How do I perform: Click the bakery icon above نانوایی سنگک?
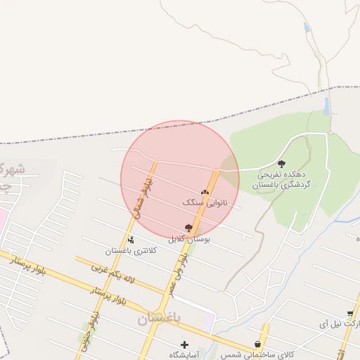coord(205,191)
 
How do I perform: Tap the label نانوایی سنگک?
coord(205,202)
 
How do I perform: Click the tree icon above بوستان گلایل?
coord(188,227)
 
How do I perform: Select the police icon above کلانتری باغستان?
coord(131,240)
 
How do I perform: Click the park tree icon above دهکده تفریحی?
coord(281,163)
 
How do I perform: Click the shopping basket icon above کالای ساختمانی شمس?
coord(258,345)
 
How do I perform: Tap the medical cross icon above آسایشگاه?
coord(185,345)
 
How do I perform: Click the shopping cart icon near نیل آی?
coord(350,314)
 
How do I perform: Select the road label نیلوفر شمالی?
coord(143,195)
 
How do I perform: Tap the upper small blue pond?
coord(307,27)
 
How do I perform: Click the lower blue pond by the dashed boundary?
coord(326,106)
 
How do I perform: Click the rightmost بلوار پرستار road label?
coord(109,295)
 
